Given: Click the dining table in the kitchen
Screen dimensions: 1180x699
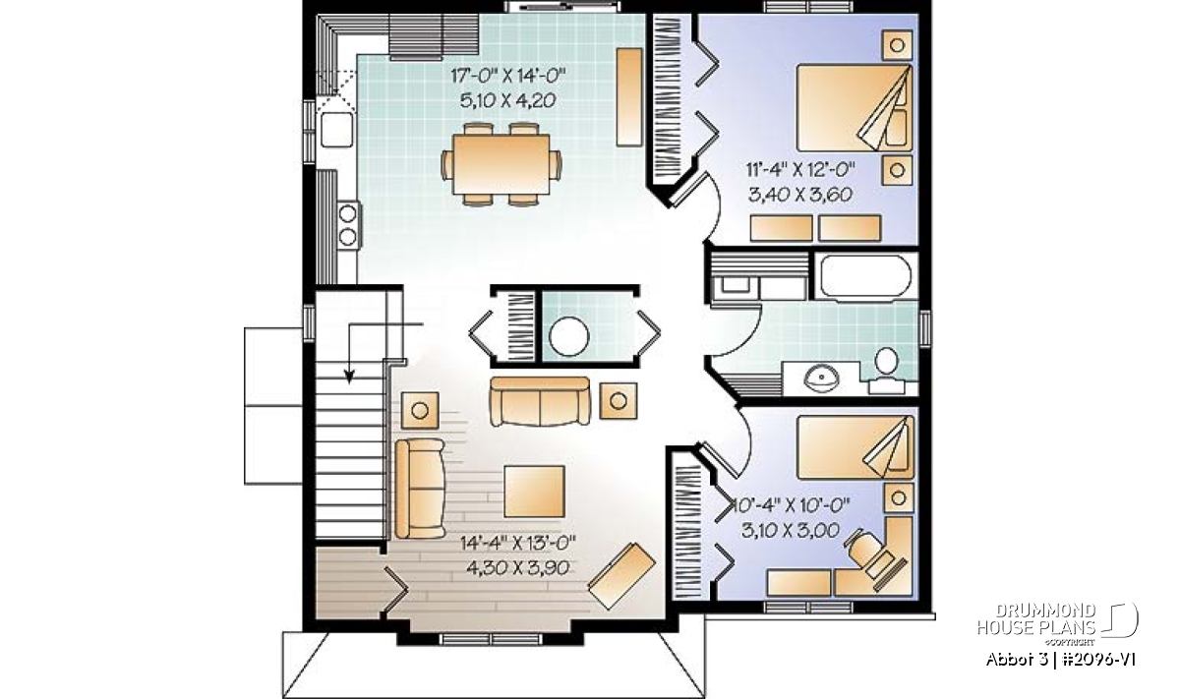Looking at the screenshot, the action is pos(501,164).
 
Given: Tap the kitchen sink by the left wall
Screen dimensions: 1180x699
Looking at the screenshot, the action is pos(336,129).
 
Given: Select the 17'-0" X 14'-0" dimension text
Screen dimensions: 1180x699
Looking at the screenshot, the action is pos(507,76).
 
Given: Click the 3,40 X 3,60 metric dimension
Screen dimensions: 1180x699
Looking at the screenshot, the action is pos(800,195).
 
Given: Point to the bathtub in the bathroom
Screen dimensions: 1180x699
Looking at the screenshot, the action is pos(865,276).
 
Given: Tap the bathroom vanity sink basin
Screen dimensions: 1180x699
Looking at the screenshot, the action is pos(821,378).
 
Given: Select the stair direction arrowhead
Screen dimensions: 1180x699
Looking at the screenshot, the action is pos(349,376).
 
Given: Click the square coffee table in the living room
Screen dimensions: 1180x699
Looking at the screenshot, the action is pos(534,492).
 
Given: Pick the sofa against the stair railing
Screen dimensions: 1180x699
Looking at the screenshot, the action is pos(420,489).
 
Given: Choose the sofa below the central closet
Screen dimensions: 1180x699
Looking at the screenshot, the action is pos(540,401).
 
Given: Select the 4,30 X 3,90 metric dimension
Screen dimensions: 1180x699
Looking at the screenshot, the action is pos(517,568).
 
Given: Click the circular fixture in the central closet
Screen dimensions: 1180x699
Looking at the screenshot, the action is pos(569,336).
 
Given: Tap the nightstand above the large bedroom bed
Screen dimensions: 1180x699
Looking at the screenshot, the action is pos(897,45).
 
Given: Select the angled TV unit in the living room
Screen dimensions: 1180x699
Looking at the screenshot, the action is pos(621,576).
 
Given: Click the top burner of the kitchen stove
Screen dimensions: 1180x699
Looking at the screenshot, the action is pos(348,214).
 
